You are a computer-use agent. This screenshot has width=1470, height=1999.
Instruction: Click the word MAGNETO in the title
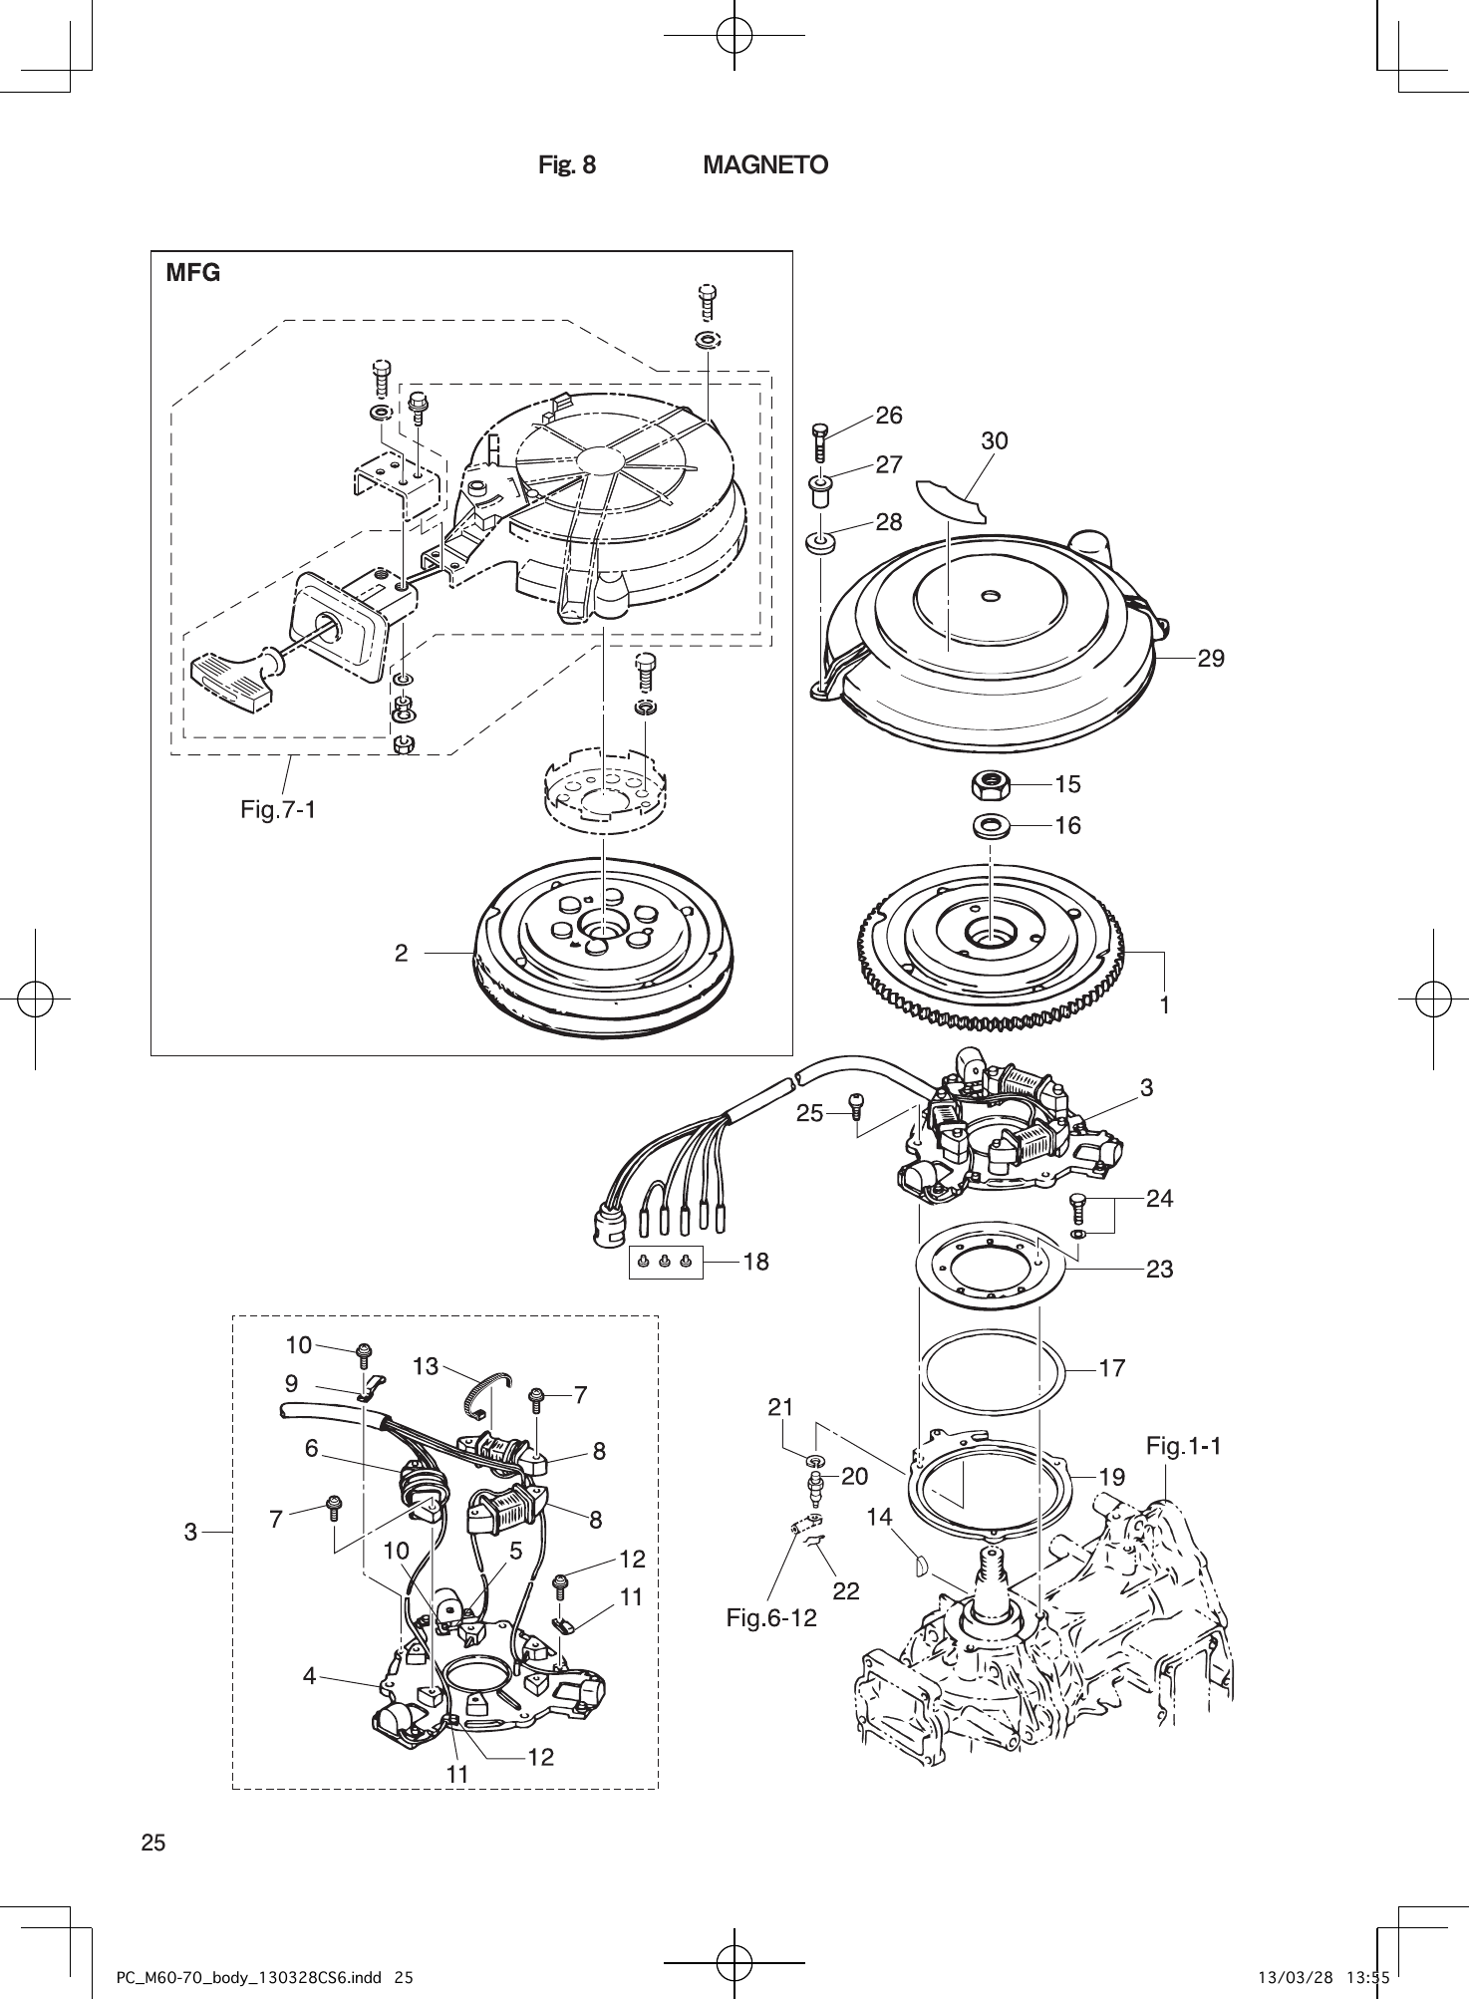coord(765,165)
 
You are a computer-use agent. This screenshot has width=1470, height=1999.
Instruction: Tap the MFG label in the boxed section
coord(193,273)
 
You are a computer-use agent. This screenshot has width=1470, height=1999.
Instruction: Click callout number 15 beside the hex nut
coord(1067,784)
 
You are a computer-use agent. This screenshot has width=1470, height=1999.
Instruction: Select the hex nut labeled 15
coord(990,785)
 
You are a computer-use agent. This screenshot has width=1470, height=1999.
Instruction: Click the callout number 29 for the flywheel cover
coord(1211,658)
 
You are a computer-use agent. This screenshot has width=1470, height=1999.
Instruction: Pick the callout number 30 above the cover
coord(995,440)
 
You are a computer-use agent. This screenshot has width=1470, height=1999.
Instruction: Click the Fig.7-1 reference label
coord(278,809)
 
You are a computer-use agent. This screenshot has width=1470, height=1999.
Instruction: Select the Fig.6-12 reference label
coord(770,1618)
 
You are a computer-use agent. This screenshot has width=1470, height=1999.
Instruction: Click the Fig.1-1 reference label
coord(1183,1445)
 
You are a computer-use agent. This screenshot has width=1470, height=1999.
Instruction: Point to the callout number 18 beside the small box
coord(756,1262)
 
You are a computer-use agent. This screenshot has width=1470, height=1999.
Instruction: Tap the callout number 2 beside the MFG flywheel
coord(401,954)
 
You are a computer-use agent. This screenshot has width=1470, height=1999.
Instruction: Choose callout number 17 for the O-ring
coord(1112,1369)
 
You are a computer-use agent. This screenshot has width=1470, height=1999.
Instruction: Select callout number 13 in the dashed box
coord(426,1366)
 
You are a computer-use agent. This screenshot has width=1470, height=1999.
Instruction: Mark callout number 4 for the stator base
coord(310,1677)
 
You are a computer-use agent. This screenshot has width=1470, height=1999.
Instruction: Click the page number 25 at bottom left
coord(153,1843)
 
